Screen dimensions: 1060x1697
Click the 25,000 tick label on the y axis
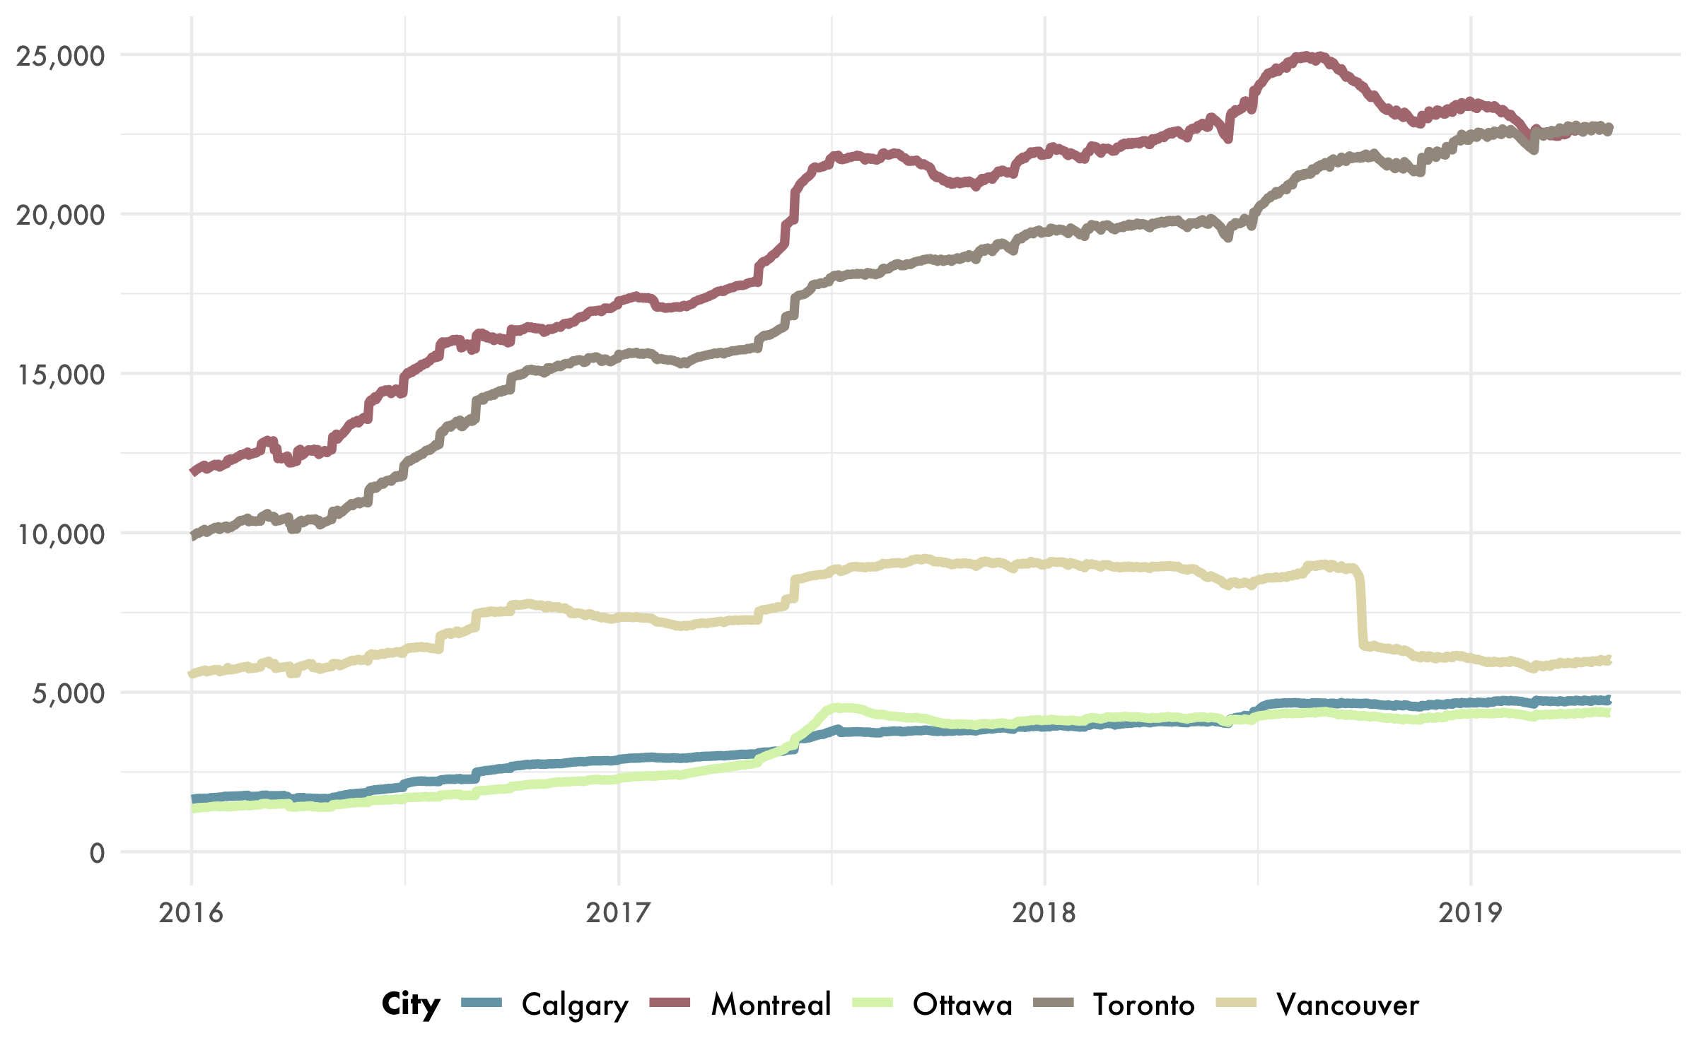pos(60,56)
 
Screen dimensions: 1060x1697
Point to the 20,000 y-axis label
pos(60,215)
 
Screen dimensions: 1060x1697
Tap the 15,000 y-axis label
pos(60,375)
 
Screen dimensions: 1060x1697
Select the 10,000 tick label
pos(60,534)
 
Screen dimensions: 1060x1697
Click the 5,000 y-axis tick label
pos(68,693)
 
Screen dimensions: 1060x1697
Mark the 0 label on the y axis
pos(97,853)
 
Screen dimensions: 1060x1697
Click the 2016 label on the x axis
pos(191,912)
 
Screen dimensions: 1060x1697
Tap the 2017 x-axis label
pos(618,912)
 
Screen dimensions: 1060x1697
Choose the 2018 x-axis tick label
pos(1044,912)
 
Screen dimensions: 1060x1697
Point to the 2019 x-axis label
pos(1471,912)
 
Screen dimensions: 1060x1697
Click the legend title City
pos(411,1003)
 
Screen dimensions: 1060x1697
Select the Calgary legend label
pos(575,1005)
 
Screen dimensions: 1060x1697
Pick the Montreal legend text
pos(771,1004)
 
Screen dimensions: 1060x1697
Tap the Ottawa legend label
pos(962,1004)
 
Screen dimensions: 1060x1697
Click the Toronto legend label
pos(1144,1004)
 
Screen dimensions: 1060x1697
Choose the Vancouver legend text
pos(1348,1004)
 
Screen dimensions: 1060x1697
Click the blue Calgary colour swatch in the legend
pos(482,1002)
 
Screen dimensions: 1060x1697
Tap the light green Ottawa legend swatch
pos(873,1002)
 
